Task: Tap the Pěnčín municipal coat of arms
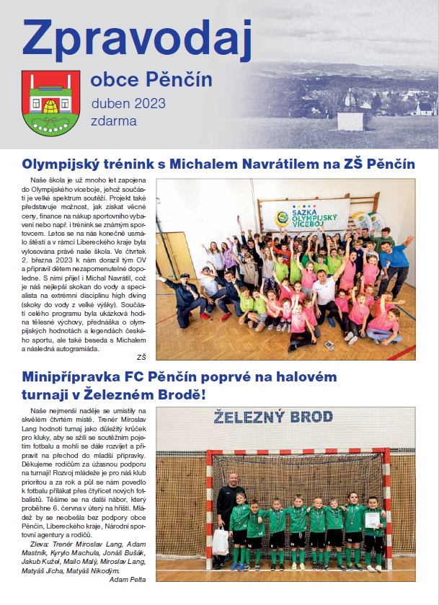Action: [50, 103]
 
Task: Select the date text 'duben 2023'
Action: [128, 103]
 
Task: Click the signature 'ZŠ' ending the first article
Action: [141, 356]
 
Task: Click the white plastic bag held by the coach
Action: [220, 540]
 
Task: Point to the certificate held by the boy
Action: [372, 521]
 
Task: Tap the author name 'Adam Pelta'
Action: [127, 578]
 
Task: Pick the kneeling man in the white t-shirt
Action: [323, 296]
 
